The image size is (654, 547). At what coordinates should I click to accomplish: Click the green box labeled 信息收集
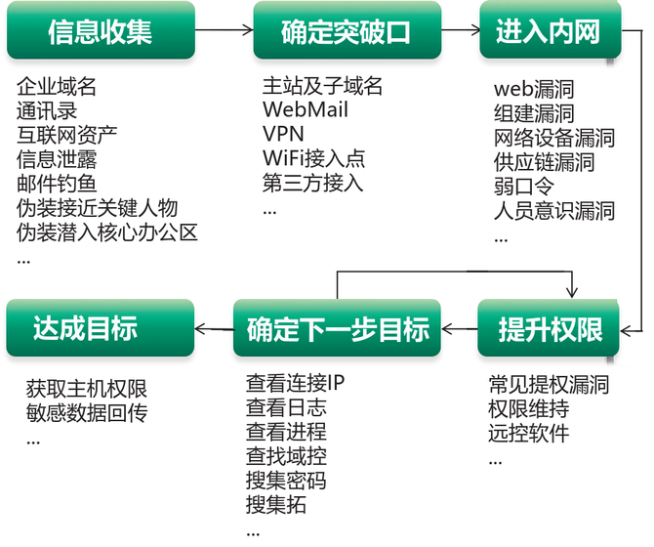point(101,30)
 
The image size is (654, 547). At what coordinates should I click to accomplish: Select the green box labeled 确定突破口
point(347,30)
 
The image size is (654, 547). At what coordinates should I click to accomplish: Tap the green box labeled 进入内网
point(551,30)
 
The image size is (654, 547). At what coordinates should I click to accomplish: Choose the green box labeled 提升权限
point(548,328)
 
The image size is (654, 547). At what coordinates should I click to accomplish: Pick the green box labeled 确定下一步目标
point(337,328)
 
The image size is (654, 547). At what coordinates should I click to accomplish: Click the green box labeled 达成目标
point(101,328)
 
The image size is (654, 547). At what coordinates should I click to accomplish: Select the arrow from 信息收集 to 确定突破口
point(225,30)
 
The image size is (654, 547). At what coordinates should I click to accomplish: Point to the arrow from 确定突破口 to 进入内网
point(461,30)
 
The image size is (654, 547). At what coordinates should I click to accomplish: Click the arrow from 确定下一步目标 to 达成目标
point(214,329)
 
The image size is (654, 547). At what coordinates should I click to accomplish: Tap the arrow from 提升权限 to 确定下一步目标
point(459,329)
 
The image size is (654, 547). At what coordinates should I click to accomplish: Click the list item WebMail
point(306,109)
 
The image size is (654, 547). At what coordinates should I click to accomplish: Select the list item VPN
point(283,134)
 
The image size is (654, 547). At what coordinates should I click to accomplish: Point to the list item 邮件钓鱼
point(57,184)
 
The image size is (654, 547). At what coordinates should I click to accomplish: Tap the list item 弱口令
point(524,187)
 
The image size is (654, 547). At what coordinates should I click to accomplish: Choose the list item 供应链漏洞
point(544,162)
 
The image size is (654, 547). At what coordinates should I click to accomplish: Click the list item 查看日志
point(286,407)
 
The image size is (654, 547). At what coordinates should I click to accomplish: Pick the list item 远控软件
point(528,433)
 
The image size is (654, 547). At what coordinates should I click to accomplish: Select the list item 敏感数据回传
point(87,413)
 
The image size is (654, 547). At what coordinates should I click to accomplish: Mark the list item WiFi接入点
point(313,158)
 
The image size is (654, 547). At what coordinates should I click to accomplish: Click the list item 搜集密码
point(286,481)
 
